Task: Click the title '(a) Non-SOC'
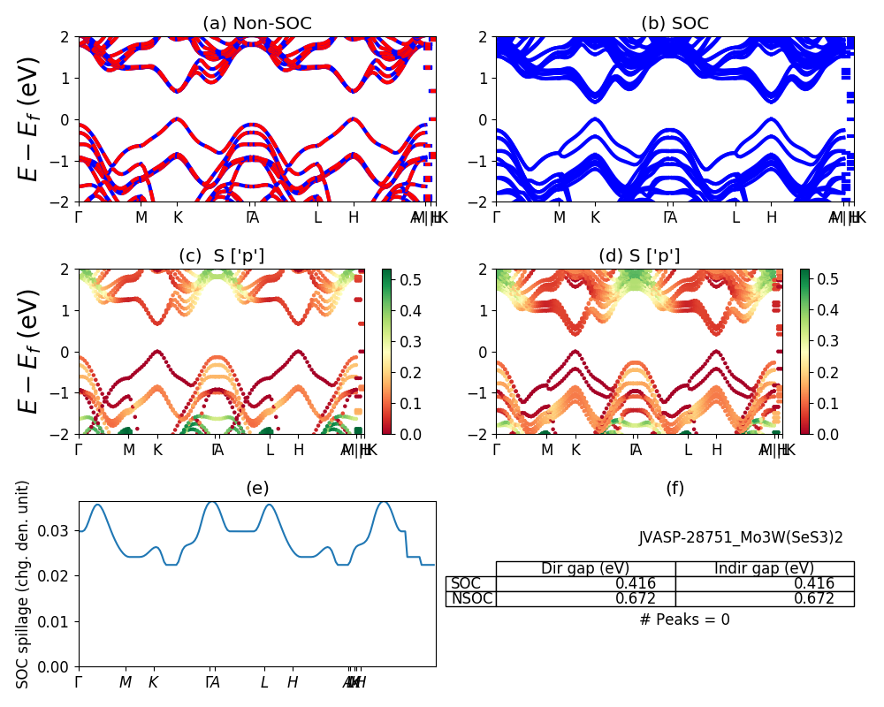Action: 256,24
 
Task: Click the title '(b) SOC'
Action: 674,24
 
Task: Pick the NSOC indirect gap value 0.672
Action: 815,598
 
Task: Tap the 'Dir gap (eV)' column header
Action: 585,568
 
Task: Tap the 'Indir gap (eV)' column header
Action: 764,568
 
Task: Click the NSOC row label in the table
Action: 470,598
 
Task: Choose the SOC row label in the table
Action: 466,583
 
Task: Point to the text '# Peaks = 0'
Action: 684,620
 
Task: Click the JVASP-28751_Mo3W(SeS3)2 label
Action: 741,537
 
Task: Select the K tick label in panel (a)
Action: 178,217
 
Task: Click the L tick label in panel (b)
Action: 735,217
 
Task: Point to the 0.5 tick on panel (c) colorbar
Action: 410,278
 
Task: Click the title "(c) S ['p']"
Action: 221,256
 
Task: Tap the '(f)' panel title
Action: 674,488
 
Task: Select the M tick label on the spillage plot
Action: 126,682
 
